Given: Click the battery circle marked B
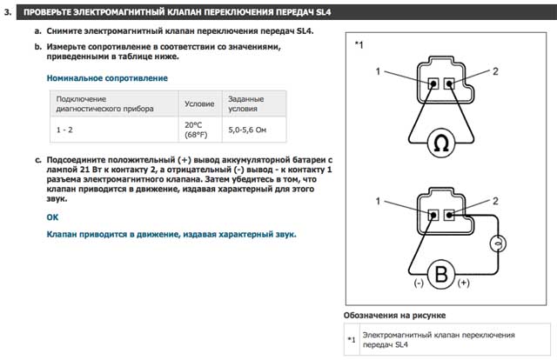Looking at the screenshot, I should (x=441, y=276).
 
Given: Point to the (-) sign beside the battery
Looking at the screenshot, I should (x=419, y=284).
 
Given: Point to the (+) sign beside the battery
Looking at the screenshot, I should (x=464, y=284).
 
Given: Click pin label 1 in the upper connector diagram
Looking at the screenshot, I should (x=379, y=70).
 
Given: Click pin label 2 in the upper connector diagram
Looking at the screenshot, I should (x=495, y=70).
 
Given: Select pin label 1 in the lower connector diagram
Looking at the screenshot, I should (x=379, y=202).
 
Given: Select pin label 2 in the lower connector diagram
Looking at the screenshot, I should (x=495, y=202).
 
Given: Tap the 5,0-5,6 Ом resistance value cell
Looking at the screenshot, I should (x=246, y=129).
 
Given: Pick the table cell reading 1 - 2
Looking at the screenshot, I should (x=65, y=129).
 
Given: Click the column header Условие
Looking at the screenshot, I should (x=199, y=103).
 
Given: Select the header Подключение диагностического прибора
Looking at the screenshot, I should (x=104, y=103).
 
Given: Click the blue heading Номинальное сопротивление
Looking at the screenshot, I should (x=106, y=77).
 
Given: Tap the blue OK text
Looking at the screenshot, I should (x=52, y=216).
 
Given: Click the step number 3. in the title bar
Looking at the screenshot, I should (x=9, y=11).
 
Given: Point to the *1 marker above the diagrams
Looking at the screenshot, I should (x=359, y=43).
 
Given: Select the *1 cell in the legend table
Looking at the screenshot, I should (x=351, y=339).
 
